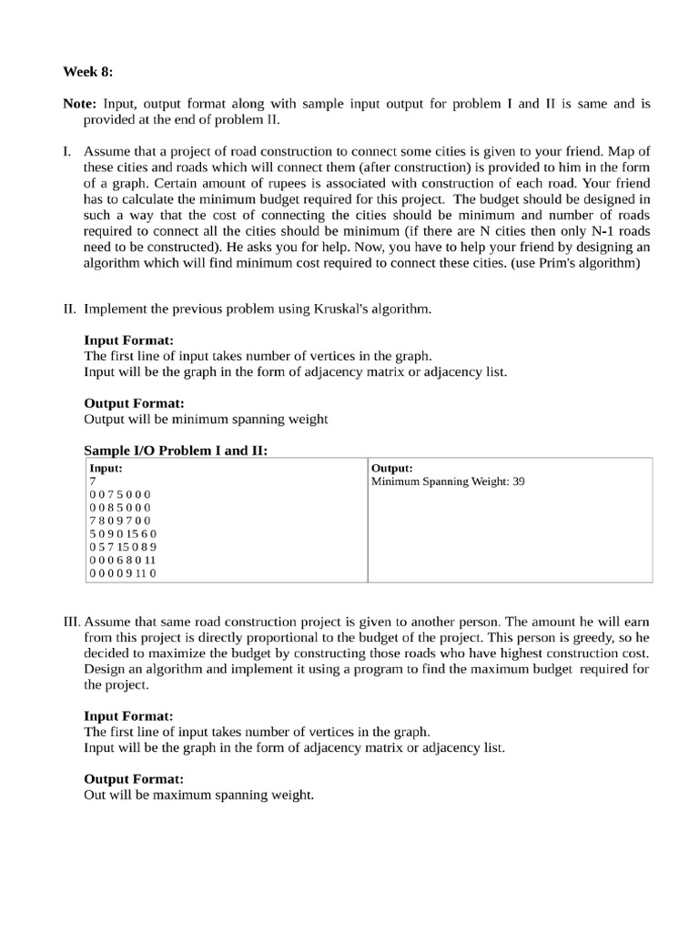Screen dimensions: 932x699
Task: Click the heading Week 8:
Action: [x=87, y=71]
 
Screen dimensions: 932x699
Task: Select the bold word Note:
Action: [x=80, y=104]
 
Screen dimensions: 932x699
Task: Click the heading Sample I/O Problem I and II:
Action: [x=176, y=451]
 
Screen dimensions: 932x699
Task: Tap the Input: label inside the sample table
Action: [x=106, y=468]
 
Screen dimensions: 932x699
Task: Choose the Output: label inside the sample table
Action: [x=392, y=468]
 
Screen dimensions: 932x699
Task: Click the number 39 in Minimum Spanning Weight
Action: [x=518, y=481]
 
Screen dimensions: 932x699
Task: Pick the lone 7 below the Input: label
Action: [x=92, y=481]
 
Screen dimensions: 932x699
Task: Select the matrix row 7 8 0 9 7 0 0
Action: [x=120, y=521]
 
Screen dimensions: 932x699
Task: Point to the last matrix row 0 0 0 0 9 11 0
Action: [x=123, y=573]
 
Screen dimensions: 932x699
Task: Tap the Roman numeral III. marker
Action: [x=72, y=620]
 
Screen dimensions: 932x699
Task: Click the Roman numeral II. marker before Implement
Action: [x=70, y=309]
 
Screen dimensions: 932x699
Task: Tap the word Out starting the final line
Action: [x=96, y=795]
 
